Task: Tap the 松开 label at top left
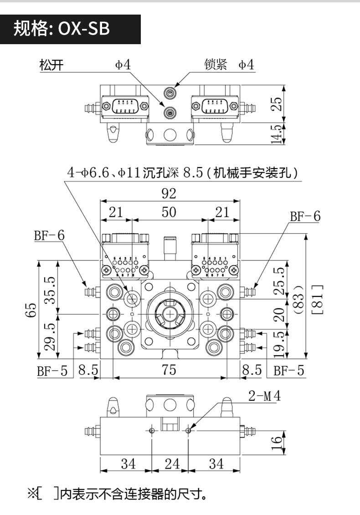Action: pyautogui.click(x=51, y=65)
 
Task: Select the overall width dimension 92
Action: pyautogui.click(x=169, y=194)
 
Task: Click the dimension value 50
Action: pyautogui.click(x=169, y=212)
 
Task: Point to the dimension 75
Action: pyautogui.click(x=169, y=370)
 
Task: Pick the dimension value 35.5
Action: pyautogui.click(x=50, y=290)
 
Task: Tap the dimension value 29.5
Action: pyautogui.click(x=50, y=336)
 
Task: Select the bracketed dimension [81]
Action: pyautogui.click(x=319, y=299)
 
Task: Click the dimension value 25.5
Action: pyautogui.click(x=281, y=280)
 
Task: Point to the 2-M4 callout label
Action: pyautogui.click(x=264, y=397)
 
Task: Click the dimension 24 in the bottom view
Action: pyautogui.click(x=172, y=464)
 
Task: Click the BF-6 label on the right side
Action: pyautogui.click(x=305, y=217)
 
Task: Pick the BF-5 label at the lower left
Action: pyautogui.click(x=52, y=371)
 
